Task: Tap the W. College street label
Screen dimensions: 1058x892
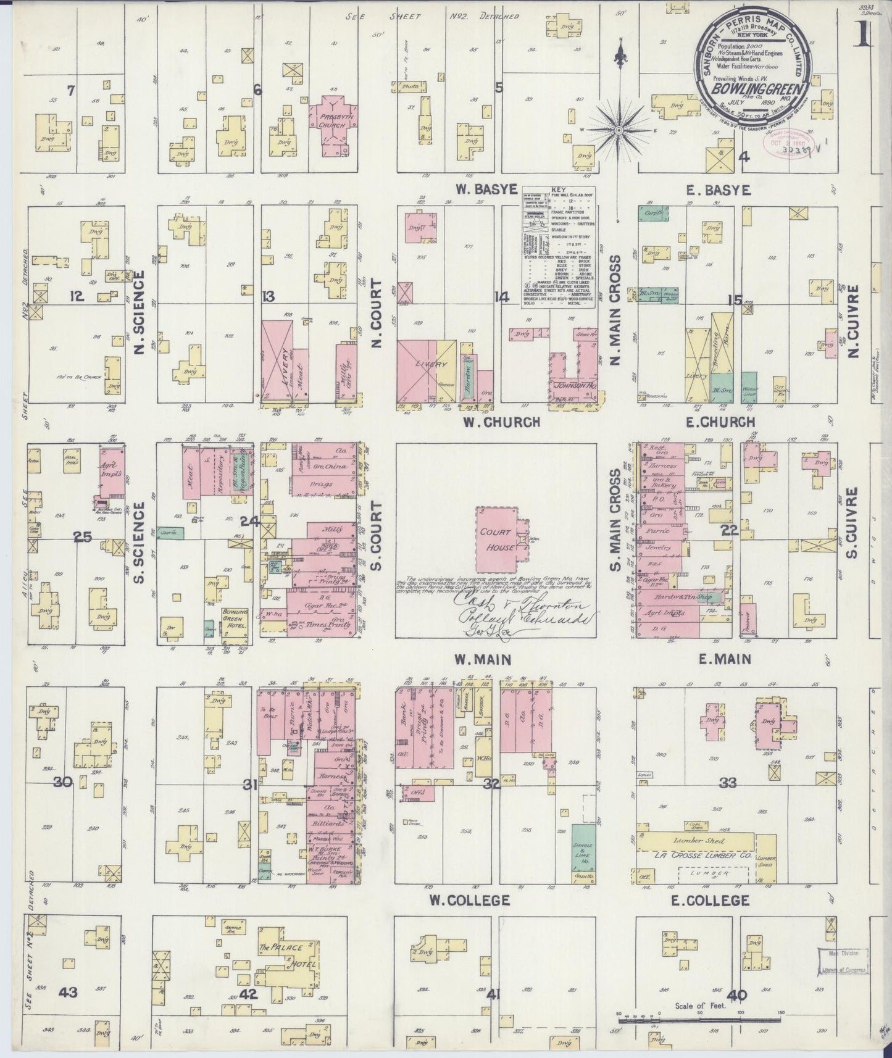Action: coord(469,900)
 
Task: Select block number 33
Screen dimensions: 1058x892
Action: coord(728,783)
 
